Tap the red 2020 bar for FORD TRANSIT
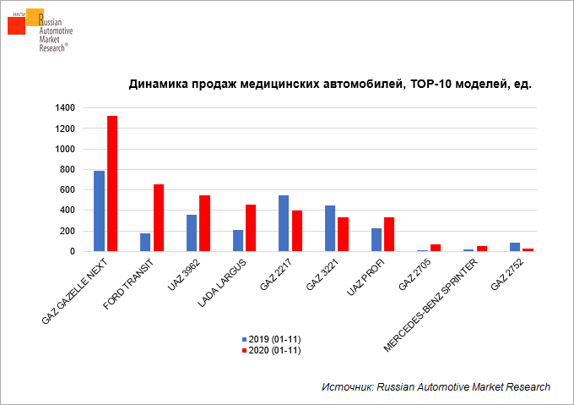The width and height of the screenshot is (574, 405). point(158,217)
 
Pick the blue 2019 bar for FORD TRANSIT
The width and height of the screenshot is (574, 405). point(146,242)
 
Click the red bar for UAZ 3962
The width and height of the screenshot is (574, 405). point(204,223)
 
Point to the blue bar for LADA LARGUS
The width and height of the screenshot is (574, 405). point(239,240)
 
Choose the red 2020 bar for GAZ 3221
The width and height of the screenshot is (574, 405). point(343,234)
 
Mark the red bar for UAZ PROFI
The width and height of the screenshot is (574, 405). point(389,234)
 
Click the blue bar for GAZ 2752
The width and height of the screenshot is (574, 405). point(516,247)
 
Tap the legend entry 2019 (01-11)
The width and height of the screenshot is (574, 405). point(271,337)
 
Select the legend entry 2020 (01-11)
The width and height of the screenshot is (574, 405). point(271,349)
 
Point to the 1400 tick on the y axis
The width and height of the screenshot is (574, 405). point(65,107)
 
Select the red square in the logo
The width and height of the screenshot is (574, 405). point(16,25)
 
